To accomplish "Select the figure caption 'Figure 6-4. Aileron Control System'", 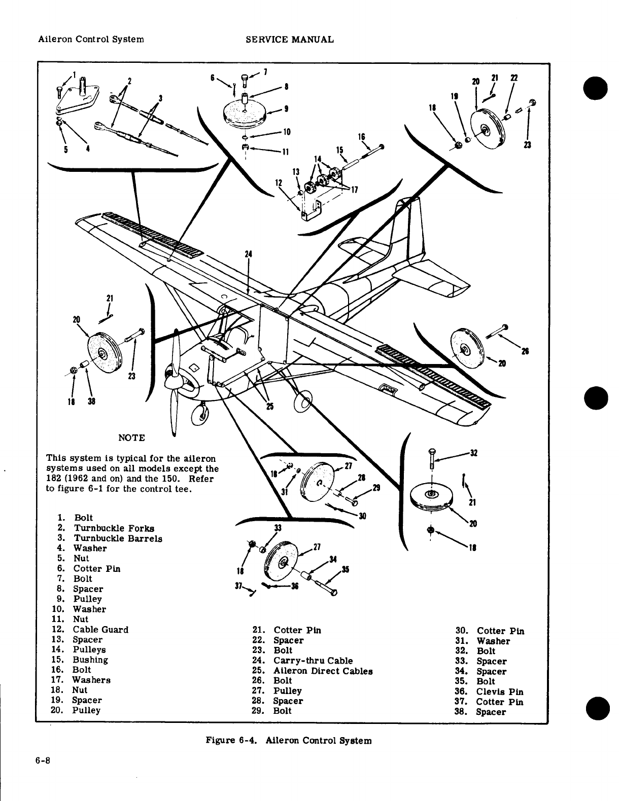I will pyautogui.click(x=288, y=740).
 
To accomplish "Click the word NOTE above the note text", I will pyautogui.click(x=131, y=438).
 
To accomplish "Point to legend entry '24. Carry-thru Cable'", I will pyautogui.click(x=302, y=661).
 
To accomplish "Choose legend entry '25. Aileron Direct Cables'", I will pyautogui.click(x=313, y=671).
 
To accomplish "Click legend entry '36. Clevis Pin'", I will pyautogui.click(x=490, y=691).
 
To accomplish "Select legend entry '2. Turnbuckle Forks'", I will pyautogui.click(x=106, y=528).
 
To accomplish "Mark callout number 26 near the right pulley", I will pyautogui.click(x=525, y=351).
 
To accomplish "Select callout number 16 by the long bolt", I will pyautogui.click(x=362, y=137).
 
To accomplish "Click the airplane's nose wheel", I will pyautogui.click(x=199, y=413).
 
